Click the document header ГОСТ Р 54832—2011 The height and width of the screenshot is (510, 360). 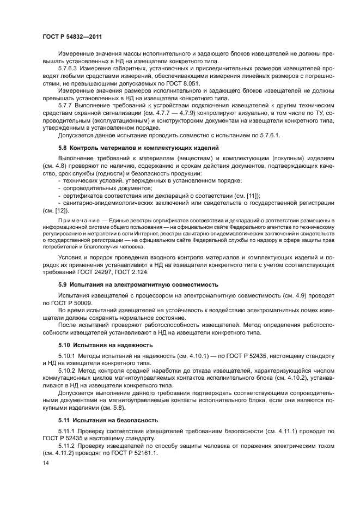tap(72, 37)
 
